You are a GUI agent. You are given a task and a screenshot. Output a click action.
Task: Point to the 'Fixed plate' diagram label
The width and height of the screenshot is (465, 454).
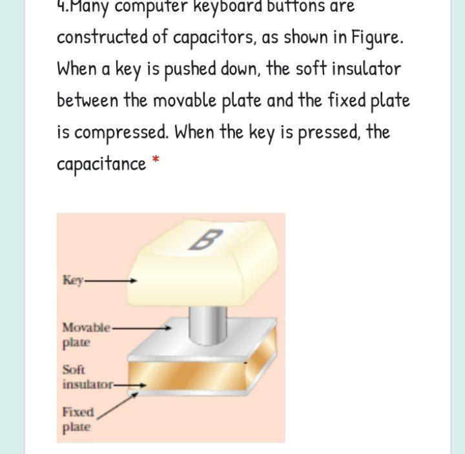(77, 419)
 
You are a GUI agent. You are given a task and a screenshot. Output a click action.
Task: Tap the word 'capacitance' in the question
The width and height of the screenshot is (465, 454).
(101, 165)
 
